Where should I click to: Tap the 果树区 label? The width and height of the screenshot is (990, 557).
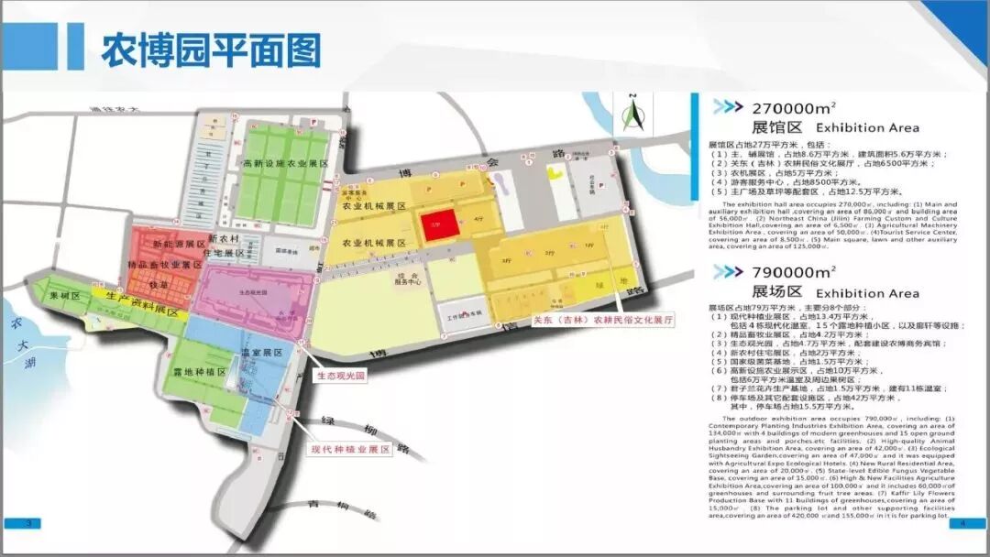click(x=66, y=296)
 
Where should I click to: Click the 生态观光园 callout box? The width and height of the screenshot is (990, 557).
click(x=341, y=376)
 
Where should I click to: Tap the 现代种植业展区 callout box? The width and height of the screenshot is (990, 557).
click(x=350, y=450)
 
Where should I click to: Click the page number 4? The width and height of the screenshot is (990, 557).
click(x=962, y=523)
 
